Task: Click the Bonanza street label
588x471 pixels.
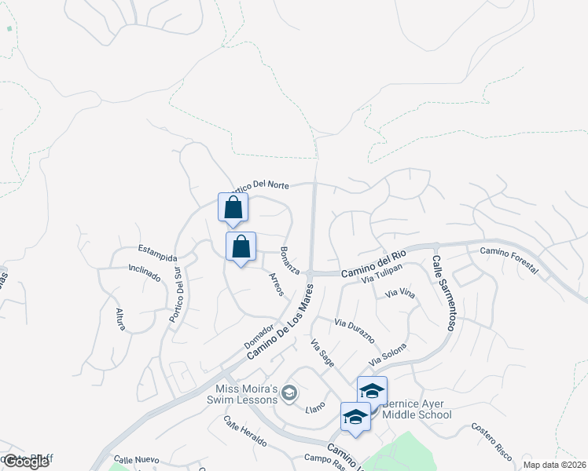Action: point(289,261)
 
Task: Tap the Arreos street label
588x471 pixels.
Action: point(275,283)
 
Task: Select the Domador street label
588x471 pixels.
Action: point(258,337)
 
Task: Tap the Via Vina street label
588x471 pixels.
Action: point(399,294)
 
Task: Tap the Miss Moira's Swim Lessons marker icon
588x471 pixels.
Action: point(289,392)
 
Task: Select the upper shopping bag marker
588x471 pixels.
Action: point(233,208)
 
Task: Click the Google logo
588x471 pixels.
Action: point(26,462)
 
